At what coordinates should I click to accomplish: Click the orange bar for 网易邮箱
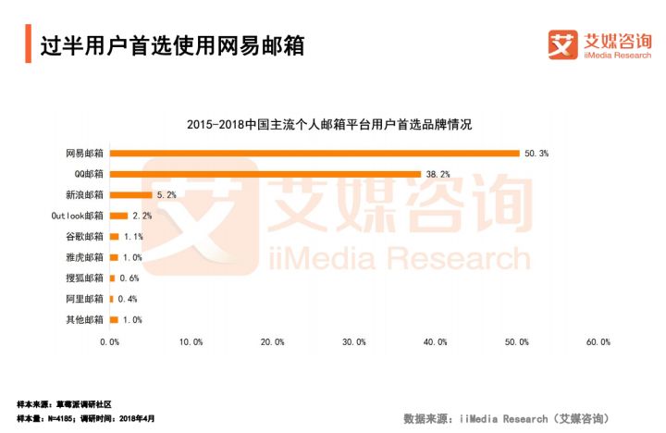coord(314,153)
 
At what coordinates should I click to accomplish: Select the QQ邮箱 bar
coord(265,174)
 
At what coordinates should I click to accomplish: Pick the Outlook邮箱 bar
coord(118,216)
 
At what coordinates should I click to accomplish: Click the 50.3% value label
coord(536,153)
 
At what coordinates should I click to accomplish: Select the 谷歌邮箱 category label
coord(84,237)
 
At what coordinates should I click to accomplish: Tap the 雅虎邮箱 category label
coord(84,257)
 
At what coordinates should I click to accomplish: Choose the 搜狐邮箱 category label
coord(84,278)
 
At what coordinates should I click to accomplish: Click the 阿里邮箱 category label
coord(84,299)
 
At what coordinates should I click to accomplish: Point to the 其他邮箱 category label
coord(84,320)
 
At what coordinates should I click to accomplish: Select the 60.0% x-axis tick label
coord(598,342)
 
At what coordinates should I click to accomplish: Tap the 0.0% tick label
coord(109,342)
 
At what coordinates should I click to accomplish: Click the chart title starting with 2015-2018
coord(329,125)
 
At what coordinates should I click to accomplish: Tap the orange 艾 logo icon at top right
coord(562,43)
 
